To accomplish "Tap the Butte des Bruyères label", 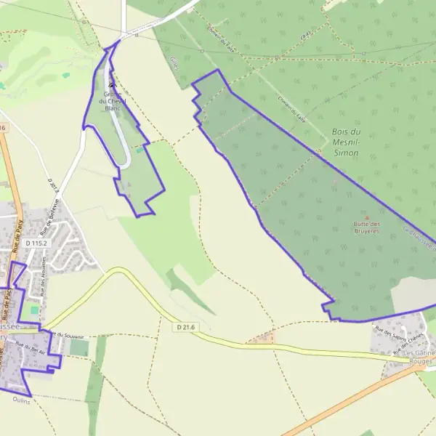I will click(x=366, y=227).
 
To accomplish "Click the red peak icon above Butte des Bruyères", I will click(x=366, y=217).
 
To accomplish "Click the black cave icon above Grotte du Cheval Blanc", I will click(x=111, y=84).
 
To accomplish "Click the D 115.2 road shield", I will click(x=35, y=243).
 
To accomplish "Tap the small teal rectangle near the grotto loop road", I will click(x=139, y=150).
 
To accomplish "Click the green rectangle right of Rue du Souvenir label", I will click(x=79, y=348).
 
